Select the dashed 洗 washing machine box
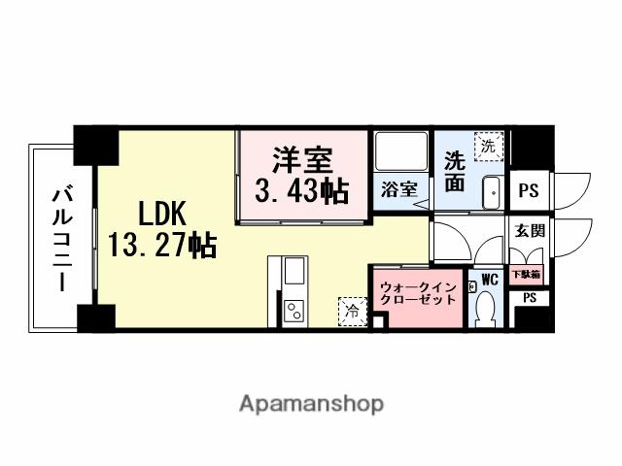pyautogui.click(x=487, y=147)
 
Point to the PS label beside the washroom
pyautogui.click(x=527, y=191)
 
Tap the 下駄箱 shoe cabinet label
pyautogui.click(x=529, y=274)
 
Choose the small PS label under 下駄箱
pyautogui.click(x=529, y=299)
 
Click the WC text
pyautogui.click(x=489, y=279)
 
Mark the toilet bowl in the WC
pyautogui.click(x=486, y=311)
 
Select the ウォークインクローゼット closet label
pyautogui.click(x=417, y=293)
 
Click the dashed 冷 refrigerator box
pyautogui.click(x=349, y=310)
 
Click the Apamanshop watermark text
pyautogui.click(x=310, y=403)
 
